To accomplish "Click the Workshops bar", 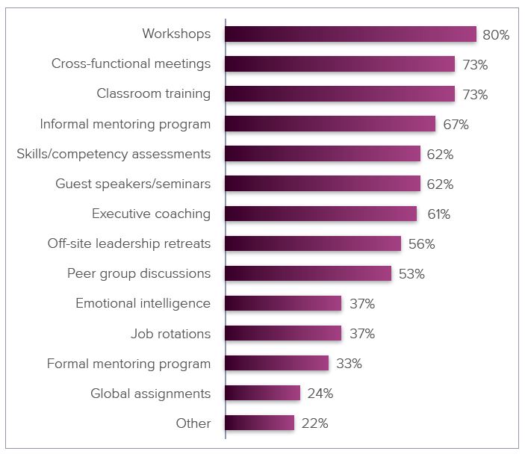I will tap(350, 34).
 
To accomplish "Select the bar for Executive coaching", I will tap(320, 214).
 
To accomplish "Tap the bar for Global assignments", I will tap(262, 393).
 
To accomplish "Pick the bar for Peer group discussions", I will tap(308, 273).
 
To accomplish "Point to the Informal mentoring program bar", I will tap(329, 124).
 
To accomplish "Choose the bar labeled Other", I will tap(259, 423).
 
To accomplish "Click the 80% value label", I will tap(497, 35).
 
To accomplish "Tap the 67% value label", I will tap(456, 125).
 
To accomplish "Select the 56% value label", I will tap(421, 244).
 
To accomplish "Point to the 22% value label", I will tap(314, 423).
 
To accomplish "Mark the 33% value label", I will tap(349, 364).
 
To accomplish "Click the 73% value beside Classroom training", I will tap(475, 95).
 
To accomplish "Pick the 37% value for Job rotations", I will tap(361, 334).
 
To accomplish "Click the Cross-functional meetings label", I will tap(131, 63).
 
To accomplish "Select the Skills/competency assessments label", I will tap(114, 154).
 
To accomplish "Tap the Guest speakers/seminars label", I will tap(133, 184).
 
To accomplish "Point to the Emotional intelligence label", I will tap(143, 303).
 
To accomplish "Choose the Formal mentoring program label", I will tap(128, 364).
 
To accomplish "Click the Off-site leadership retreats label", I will tap(128, 243).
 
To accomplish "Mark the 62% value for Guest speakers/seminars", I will tap(441, 184).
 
